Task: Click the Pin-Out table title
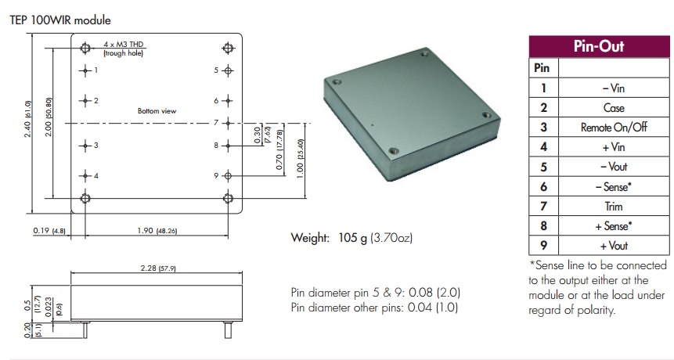tap(599, 46)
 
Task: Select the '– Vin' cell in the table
tap(614, 88)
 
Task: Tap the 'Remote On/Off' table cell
tap(614, 128)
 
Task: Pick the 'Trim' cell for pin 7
tap(614, 207)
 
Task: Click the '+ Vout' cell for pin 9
tap(614, 246)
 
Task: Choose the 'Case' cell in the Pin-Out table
tap(614, 108)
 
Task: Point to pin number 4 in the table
tap(543, 147)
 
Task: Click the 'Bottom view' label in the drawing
tap(157, 111)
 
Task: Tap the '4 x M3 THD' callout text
tap(125, 45)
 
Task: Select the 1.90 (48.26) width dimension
tap(157, 232)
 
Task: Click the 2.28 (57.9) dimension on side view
tap(157, 268)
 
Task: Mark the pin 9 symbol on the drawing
tap(228, 175)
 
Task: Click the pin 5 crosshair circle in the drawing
tap(228, 70)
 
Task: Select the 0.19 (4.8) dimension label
tap(48, 232)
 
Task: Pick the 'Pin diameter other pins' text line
tap(374, 308)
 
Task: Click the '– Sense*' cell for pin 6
tap(614, 187)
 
